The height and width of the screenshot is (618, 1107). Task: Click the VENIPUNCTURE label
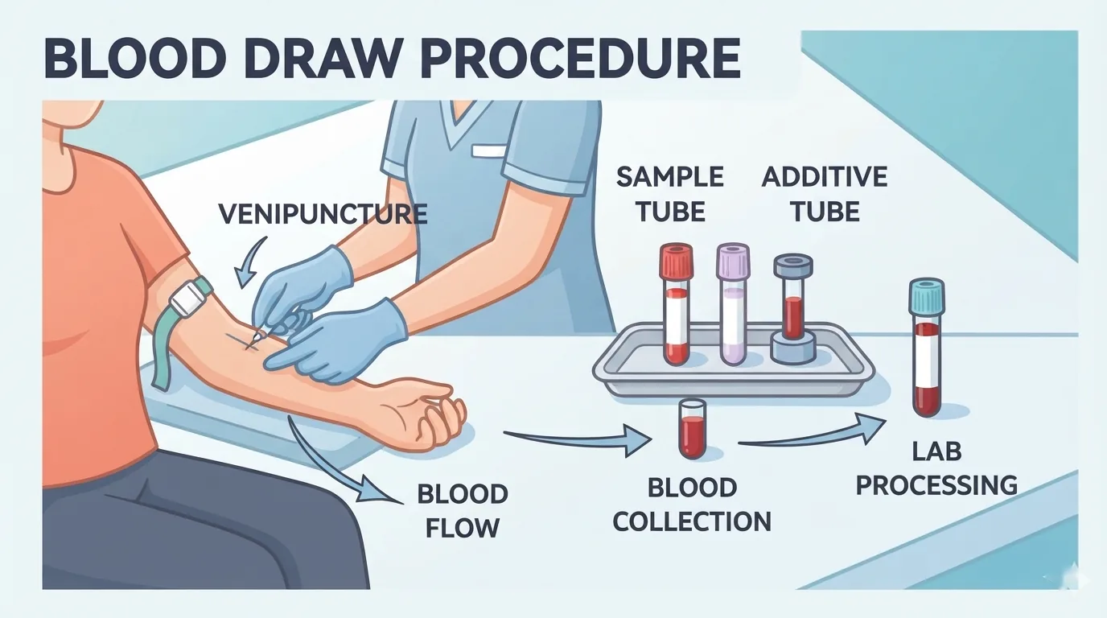(323, 214)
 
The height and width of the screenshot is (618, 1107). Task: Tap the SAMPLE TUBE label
(670, 194)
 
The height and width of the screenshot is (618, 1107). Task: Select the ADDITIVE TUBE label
(825, 194)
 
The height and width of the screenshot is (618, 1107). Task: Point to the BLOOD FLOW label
(463, 511)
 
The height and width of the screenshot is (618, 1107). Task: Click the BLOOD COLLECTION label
(692, 505)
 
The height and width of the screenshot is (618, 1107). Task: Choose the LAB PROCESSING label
(936, 468)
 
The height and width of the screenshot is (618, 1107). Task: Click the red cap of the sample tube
(676, 261)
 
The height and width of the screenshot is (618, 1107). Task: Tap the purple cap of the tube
(733, 261)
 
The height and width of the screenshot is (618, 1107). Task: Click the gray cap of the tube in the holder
(793, 266)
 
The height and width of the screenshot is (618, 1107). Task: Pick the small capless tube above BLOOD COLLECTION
(692, 429)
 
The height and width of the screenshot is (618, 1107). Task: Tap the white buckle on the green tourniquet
(187, 298)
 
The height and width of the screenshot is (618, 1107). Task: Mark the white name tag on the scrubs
(489, 150)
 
